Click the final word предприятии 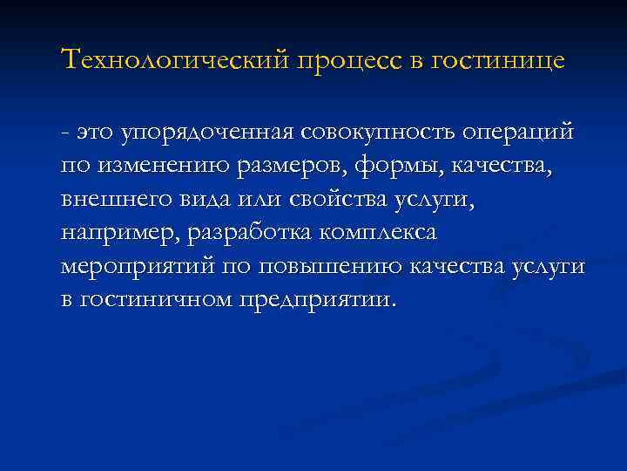[323, 299]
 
